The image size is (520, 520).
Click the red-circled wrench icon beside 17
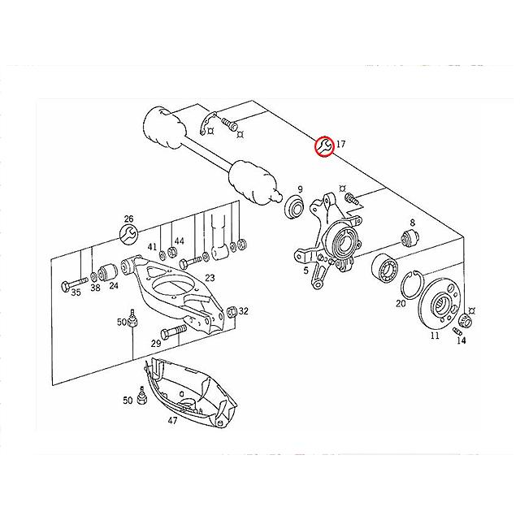(x=324, y=146)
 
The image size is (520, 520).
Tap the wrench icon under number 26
(x=128, y=236)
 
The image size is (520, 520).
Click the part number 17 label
(x=340, y=145)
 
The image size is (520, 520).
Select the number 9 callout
(x=300, y=188)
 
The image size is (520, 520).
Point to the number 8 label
(x=412, y=222)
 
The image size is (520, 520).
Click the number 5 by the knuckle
(x=305, y=271)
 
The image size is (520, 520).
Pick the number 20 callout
(x=401, y=304)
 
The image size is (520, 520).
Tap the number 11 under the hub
(x=435, y=335)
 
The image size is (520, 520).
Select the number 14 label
(x=461, y=340)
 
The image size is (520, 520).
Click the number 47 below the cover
(x=173, y=421)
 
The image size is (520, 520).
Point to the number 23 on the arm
(x=210, y=278)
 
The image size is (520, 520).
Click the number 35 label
(x=76, y=292)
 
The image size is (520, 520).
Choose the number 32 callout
(x=243, y=311)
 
